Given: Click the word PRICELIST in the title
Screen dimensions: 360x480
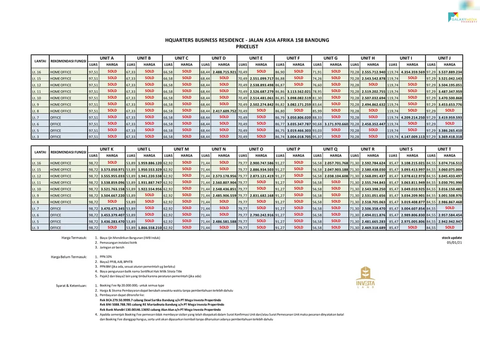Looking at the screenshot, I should click(247, 47).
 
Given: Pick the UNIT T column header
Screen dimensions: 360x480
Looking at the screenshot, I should click(444, 149).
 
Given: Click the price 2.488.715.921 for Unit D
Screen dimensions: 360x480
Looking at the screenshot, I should click(224, 72).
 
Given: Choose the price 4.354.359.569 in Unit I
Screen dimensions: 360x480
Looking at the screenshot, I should click(412, 72).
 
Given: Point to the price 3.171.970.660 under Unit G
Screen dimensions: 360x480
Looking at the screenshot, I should click(336, 124).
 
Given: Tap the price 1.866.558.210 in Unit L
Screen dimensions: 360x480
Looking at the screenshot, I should click(150, 228).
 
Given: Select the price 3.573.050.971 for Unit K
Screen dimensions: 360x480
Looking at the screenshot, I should click(112, 169).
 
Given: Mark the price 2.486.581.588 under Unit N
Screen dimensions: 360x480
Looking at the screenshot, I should click(224, 221).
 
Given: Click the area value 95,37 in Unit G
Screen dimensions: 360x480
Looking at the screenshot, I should click(317, 137).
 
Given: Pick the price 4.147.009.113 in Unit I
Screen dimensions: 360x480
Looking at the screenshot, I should click(412, 137).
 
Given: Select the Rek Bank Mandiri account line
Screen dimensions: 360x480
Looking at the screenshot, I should click(160, 310).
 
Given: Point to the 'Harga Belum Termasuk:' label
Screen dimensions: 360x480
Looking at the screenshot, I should click(69, 257).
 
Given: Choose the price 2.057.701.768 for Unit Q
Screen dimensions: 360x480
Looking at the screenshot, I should click(336, 163).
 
